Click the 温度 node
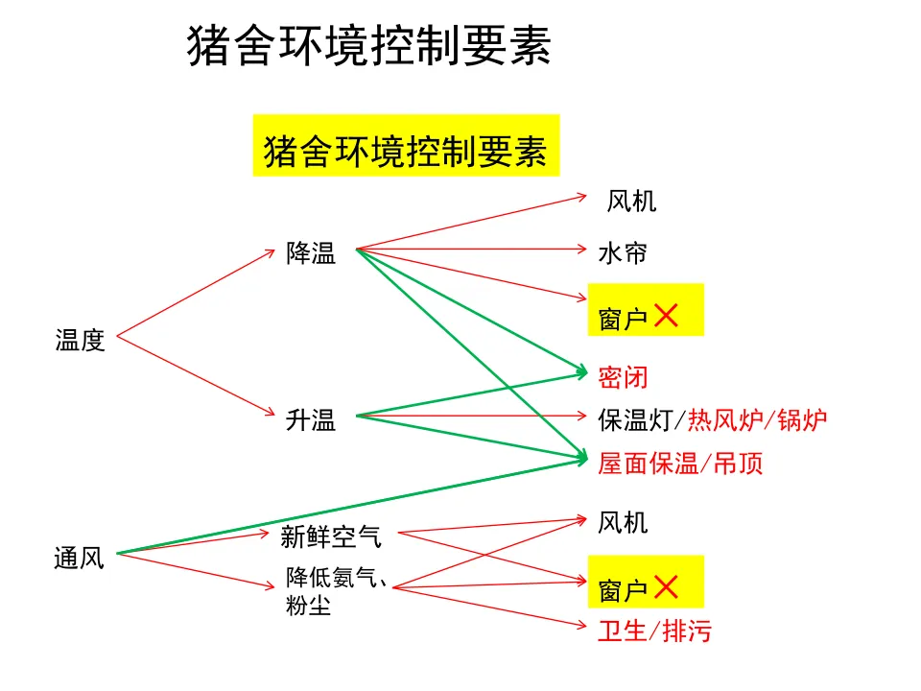click(80, 341)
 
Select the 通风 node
click(79, 558)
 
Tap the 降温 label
click(311, 253)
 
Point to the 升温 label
click(311, 419)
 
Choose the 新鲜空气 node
click(331, 536)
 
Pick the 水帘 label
click(623, 253)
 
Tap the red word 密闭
click(623, 377)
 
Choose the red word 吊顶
click(739, 464)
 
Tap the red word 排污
click(687, 631)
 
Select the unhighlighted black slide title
click(369, 46)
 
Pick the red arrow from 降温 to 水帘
click(470, 250)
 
